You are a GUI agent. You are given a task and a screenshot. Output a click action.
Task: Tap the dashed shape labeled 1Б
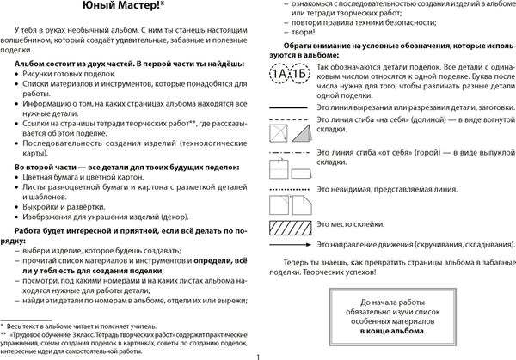coord(298,72)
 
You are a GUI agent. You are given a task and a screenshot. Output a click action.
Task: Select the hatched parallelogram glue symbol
coord(290,223)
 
